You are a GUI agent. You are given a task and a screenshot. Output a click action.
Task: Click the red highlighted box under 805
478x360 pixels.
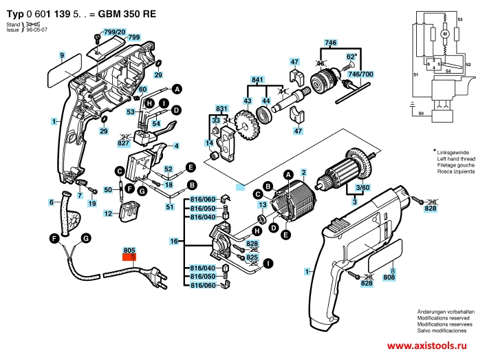(129, 259)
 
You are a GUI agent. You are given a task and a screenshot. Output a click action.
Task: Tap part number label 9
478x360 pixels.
(61, 54)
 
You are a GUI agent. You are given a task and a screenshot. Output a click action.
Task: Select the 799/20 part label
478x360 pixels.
(114, 32)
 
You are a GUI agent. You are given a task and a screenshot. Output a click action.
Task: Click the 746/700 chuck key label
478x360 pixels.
(361, 73)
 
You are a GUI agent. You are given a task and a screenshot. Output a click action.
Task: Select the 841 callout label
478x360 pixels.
(258, 81)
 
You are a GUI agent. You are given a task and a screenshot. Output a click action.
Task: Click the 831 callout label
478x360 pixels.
(222, 109)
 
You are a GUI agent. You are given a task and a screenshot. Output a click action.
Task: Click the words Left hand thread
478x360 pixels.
(453, 159)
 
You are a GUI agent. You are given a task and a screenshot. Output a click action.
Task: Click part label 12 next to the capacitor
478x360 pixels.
(109, 214)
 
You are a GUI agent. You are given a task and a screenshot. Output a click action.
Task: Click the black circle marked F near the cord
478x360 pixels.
(54, 238)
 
